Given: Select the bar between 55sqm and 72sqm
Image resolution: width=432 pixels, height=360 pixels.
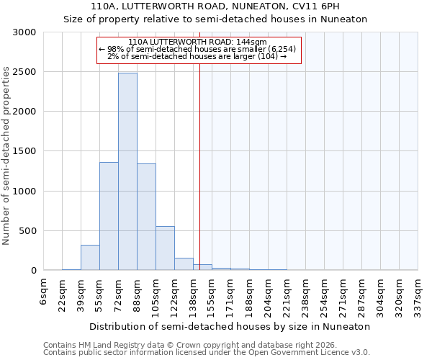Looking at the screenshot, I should tap(109, 216).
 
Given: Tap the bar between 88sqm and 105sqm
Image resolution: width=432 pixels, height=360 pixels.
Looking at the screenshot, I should tap(146, 217).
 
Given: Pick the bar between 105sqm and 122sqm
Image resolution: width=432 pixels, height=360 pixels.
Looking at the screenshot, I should tap(165, 248).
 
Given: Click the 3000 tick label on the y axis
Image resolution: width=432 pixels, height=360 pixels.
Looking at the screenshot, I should tap(24, 32).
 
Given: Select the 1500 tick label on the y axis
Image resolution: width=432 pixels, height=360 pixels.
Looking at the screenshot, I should tap(24, 152).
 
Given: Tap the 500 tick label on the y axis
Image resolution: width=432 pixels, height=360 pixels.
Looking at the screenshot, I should tap(27, 231).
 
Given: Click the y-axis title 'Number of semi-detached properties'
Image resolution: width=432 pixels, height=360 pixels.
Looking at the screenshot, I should tap(7, 155).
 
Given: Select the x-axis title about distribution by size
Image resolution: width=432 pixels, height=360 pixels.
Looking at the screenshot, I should tap(230, 326).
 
